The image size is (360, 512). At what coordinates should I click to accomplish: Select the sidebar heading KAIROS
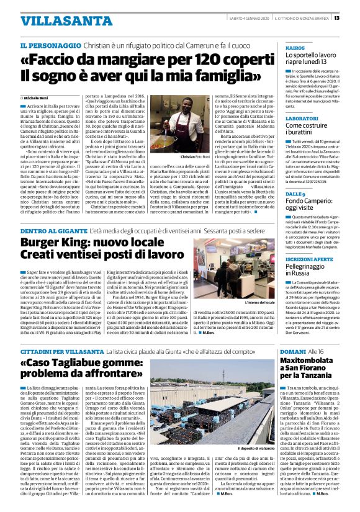pos(294,47)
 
